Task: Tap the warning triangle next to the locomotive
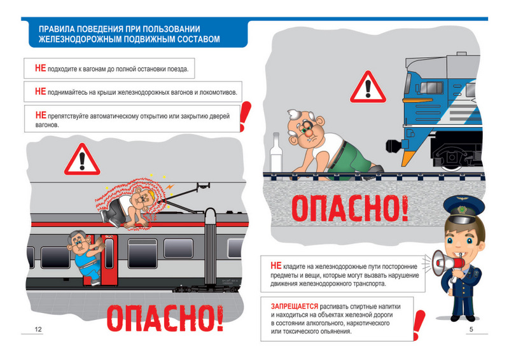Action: pyautogui.click(x=368, y=88)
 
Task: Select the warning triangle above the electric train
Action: pyautogui.click(x=82, y=160)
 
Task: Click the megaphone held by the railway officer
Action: pyautogui.click(x=445, y=263)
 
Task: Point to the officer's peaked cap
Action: pyautogui.click(x=464, y=209)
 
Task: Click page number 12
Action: pyautogui.click(x=38, y=329)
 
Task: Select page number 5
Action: pyautogui.click(x=471, y=329)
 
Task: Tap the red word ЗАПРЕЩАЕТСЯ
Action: pyautogui.click(x=295, y=306)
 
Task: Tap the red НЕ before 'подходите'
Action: pyautogui.click(x=40, y=68)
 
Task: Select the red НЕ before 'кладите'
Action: pyautogui.click(x=276, y=265)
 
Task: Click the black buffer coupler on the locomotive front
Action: pyautogui.click(x=394, y=145)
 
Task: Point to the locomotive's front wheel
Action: pyautogui.click(x=451, y=158)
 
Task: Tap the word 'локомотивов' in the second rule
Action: pyautogui.click(x=218, y=92)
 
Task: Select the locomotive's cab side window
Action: pyautogui.click(x=431, y=88)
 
